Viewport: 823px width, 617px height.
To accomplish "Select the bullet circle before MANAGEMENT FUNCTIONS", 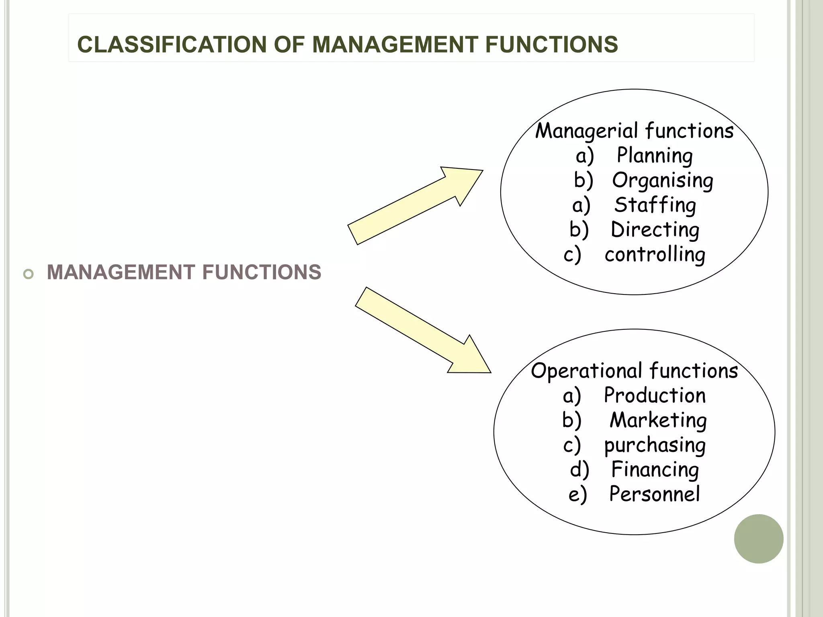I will tap(29, 274).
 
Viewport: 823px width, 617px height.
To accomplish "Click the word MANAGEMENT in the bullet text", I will tap(121, 272).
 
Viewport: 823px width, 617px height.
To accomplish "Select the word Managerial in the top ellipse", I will tap(587, 131).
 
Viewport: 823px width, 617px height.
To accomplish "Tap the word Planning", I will tap(655, 156).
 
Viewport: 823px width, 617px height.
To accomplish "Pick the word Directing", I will tap(655, 230).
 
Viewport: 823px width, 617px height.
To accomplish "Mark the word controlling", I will tap(655, 255).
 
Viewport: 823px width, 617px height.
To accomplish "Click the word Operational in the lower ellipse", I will tap(587, 371).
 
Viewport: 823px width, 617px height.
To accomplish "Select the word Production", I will tap(655, 396).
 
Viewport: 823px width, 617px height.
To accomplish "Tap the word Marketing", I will tap(658, 421).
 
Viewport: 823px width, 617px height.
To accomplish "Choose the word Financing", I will tap(655, 470).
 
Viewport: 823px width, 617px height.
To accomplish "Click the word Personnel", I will tap(654, 494).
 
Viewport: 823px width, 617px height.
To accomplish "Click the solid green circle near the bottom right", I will tap(758, 539).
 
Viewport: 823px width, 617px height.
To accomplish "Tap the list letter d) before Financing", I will tap(579, 470).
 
